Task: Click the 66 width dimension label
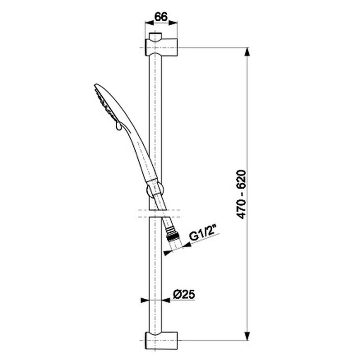pos(161,17)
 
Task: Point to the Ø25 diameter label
pos(184,294)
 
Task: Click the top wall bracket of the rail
pos(161,47)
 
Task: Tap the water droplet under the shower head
pos(118,126)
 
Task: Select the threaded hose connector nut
pos(173,234)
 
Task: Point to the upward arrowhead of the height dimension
pos(247,52)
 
